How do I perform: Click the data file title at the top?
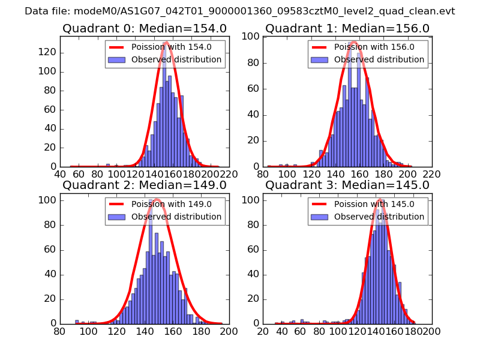(240, 11)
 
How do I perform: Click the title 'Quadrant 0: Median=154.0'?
(144, 29)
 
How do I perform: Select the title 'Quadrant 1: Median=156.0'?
(347, 29)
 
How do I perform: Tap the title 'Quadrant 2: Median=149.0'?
(144, 185)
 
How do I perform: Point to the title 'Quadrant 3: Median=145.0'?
(347, 185)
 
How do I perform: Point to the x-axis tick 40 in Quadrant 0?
(61, 174)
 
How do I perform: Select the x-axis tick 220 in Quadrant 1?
(431, 174)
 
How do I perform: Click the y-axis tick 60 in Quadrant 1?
(254, 89)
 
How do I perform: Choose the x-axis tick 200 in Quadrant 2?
(229, 331)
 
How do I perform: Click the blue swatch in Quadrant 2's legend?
(117, 217)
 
